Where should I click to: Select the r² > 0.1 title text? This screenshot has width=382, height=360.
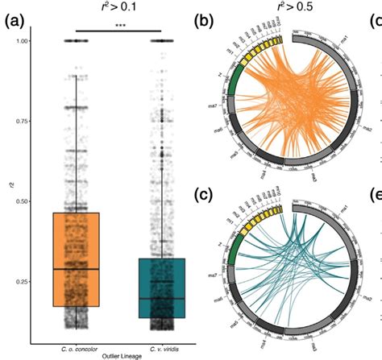pyautogui.click(x=118, y=7)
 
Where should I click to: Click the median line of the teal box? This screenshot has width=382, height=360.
pyautogui.click(x=162, y=298)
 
